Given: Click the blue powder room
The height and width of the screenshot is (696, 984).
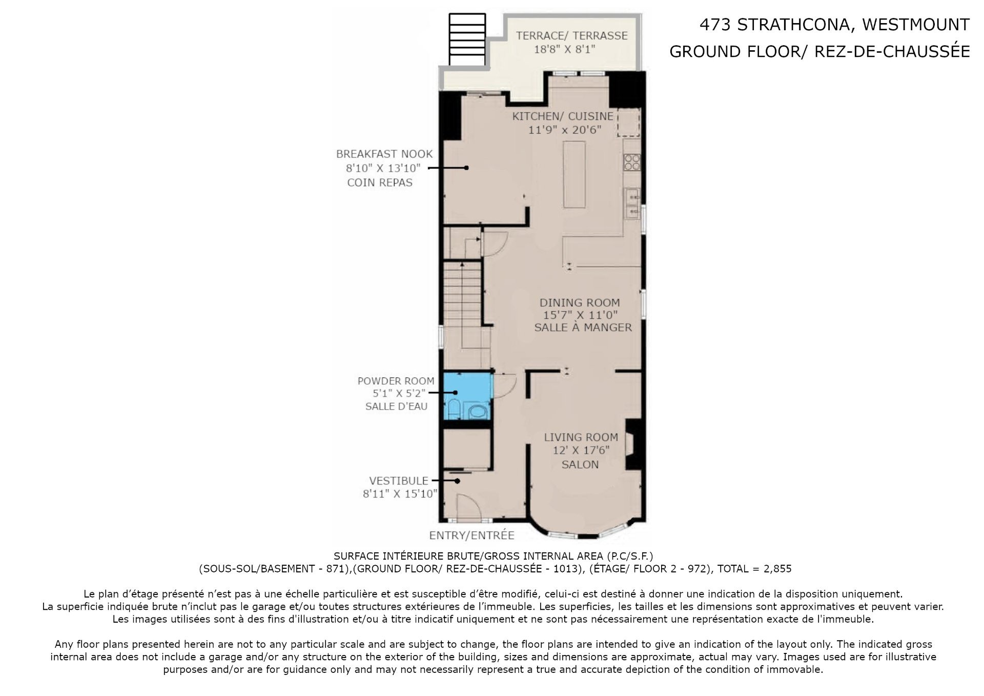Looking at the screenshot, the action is pyautogui.click(x=467, y=396).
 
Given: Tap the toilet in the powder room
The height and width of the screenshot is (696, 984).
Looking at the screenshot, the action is pyautogui.click(x=453, y=410).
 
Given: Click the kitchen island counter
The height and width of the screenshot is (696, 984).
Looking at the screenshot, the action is pyautogui.click(x=574, y=175).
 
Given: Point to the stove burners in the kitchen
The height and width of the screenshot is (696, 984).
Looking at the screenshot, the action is pyautogui.click(x=631, y=162).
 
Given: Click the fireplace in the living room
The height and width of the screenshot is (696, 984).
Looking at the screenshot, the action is pyautogui.click(x=633, y=444).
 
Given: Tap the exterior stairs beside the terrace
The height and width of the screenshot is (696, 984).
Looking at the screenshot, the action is pyautogui.click(x=466, y=39).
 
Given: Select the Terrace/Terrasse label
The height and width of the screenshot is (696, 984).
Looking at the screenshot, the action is pyautogui.click(x=571, y=35).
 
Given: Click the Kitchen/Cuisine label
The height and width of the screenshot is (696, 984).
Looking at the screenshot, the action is pyautogui.click(x=563, y=116).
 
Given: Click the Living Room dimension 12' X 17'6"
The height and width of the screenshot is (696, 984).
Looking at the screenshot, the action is pyautogui.click(x=581, y=450).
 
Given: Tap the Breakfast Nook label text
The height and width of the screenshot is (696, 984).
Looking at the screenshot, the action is pyautogui.click(x=384, y=154).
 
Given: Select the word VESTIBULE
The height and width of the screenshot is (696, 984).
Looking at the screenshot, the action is pyautogui.click(x=399, y=481).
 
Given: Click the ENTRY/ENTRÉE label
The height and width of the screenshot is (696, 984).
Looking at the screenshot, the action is pyautogui.click(x=471, y=535).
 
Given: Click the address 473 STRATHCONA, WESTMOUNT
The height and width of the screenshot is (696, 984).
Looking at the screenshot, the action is pyautogui.click(x=834, y=25).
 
